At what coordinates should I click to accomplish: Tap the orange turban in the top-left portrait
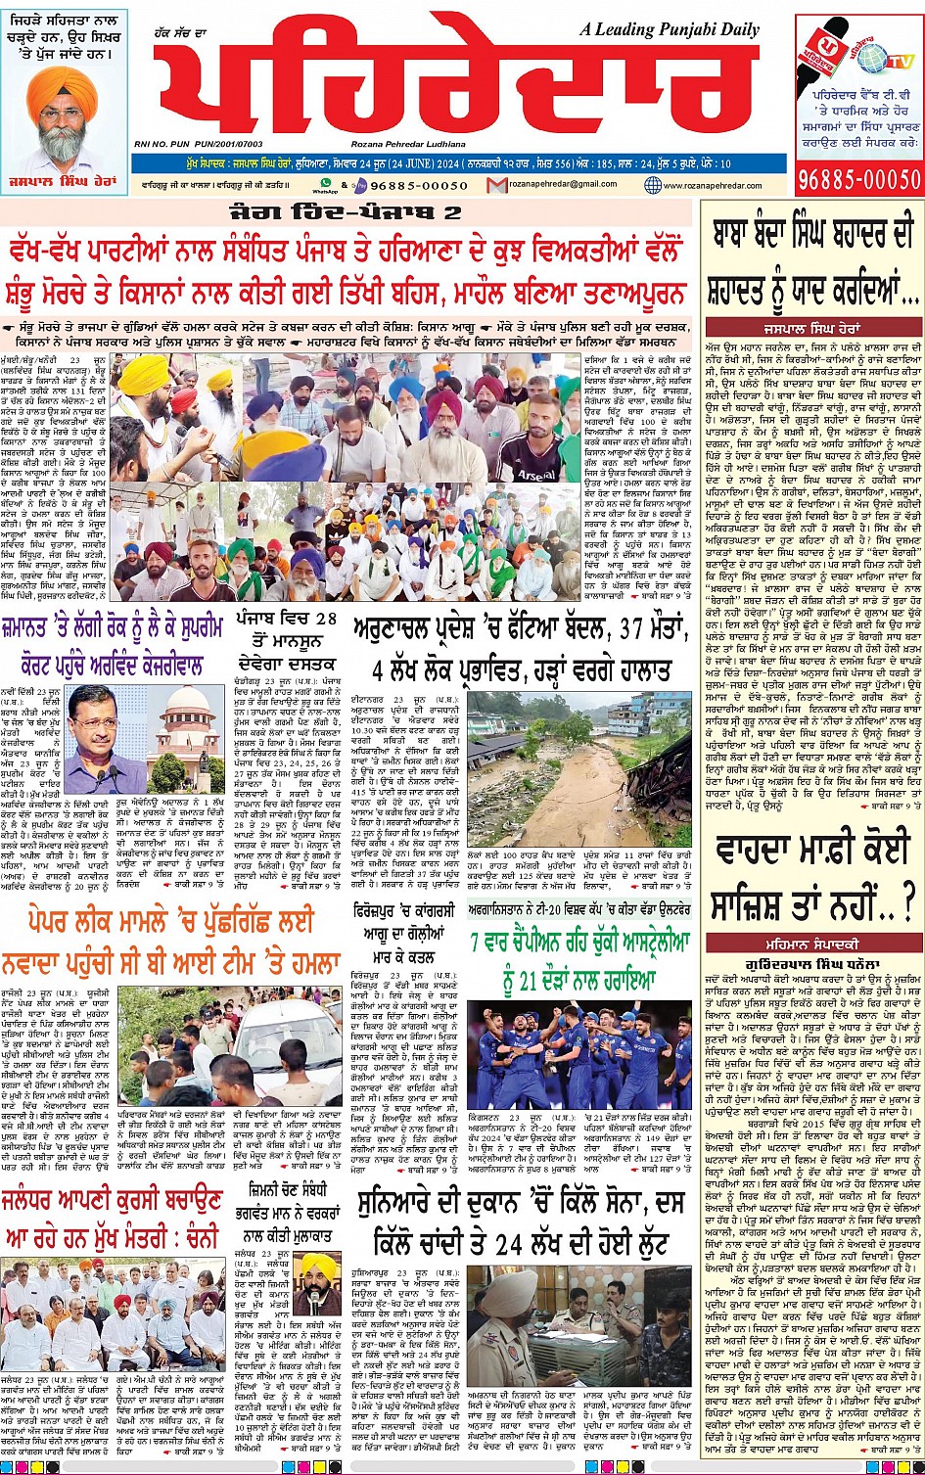pyautogui.click(x=61, y=87)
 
